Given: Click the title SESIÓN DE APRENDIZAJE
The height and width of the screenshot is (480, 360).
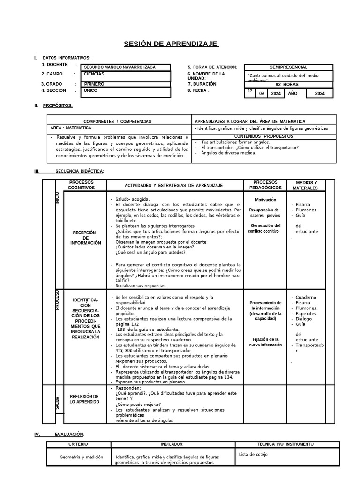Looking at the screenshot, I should (x=171, y=44).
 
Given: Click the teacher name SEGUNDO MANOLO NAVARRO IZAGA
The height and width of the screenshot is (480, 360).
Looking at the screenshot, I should (x=120, y=67).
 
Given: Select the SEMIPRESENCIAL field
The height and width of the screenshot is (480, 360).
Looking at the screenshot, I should (x=289, y=67).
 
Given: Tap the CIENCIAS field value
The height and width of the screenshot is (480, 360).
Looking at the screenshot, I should (x=94, y=74).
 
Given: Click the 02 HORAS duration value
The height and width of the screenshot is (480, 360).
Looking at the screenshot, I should (x=287, y=84).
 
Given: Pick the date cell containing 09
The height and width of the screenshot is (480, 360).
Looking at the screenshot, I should (x=262, y=94).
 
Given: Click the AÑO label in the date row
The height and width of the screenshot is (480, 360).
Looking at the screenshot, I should (x=292, y=94).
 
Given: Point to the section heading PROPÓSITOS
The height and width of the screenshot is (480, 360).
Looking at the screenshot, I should (x=58, y=105).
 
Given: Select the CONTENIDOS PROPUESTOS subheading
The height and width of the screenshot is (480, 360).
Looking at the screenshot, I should (x=263, y=136).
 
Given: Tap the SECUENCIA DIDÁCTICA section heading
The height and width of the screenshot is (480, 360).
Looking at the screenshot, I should (x=79, y=171).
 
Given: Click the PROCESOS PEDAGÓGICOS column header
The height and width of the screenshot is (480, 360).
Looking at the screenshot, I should (x=265, y=185).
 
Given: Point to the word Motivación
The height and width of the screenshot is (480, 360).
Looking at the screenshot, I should (x=262, y=199).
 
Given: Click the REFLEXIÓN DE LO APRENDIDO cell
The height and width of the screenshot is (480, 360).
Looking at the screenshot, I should (x=84, y=399).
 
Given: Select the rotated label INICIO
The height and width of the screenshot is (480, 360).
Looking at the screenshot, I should (x=57, y=197).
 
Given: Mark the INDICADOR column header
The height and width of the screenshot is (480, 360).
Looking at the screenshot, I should (x=172, y=444).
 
